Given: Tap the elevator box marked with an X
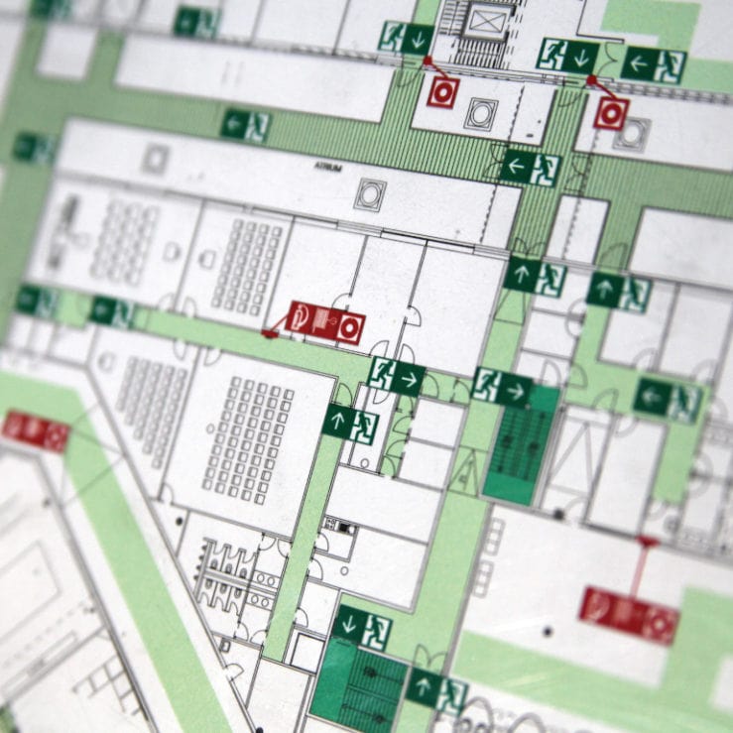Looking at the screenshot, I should point(486,21).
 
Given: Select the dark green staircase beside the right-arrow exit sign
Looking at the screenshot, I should point(521,441).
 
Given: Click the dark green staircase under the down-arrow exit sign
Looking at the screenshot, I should point(359,683).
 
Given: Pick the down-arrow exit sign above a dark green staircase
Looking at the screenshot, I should point(362,626).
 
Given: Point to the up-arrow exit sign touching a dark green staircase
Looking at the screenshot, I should point(437,689).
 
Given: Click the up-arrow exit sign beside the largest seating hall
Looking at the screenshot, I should point(350,423).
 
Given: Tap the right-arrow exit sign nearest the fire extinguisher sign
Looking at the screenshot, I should point(397,375).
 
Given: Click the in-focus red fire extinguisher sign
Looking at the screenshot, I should point(325,321).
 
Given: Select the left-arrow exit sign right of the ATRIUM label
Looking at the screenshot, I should point(530,166).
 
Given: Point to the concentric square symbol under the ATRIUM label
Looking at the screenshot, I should point(369,193).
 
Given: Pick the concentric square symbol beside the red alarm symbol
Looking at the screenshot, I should point(481,113).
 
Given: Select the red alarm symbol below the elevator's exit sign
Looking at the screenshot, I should point(441,92).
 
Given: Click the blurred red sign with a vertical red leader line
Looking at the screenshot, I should point(628,614).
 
